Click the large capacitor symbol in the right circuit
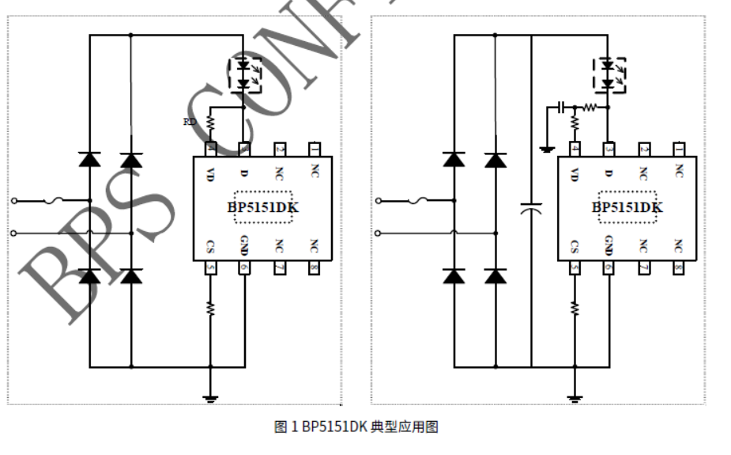point(532,209)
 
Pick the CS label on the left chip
point(210,246)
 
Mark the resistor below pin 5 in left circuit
point(211,308)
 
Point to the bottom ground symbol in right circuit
point(575,396)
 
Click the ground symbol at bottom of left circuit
point(211,396)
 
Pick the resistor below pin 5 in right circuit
point(575,308)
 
